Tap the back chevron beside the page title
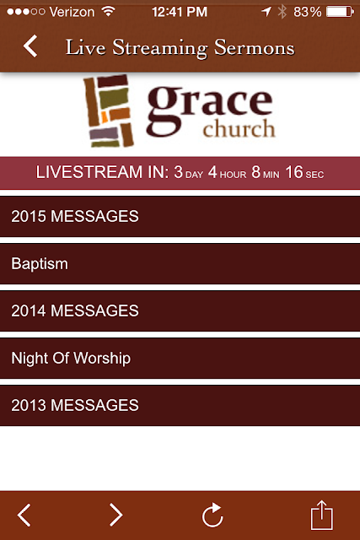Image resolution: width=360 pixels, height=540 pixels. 30,46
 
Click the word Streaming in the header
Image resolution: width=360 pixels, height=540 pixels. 160,48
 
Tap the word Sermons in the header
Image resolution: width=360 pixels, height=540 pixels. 255,47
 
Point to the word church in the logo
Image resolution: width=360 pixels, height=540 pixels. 239,128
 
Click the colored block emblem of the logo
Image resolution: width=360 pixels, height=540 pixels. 109,111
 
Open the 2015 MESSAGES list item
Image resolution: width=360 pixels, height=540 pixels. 180,217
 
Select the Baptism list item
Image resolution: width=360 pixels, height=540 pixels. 180,264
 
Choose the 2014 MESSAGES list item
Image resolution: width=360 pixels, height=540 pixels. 180,311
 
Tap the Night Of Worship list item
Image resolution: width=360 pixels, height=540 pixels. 180,359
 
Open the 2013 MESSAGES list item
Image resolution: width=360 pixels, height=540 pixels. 180,406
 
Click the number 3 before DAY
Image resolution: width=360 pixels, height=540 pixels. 178,172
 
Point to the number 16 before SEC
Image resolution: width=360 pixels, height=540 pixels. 294,172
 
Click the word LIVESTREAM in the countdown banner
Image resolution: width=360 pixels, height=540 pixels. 89,172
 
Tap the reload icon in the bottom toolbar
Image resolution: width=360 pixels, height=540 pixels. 212,515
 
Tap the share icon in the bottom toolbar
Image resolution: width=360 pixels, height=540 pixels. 322,515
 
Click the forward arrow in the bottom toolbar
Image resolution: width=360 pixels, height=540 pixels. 116,515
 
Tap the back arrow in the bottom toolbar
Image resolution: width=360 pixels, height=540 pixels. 24,515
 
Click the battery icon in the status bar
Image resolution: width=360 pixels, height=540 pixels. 340,12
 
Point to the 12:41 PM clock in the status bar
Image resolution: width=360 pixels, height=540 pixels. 180,12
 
